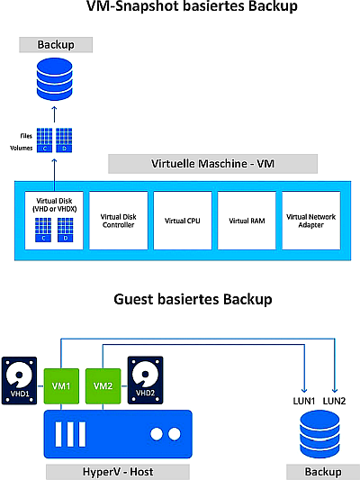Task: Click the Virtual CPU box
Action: (183, 221)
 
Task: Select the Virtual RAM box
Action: (247, 221)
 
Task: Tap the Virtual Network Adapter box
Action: (311, 221)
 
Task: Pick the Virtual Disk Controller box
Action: (119, 221)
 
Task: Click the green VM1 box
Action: (61, 386)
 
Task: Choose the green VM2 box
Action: (103, 386)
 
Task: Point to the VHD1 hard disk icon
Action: (19, 381)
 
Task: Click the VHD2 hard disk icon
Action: (145, 380)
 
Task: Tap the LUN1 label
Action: (303, 401)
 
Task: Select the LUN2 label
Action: (334, 401)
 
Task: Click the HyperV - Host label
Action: (118, 472)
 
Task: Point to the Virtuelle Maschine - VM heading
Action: (213, 164)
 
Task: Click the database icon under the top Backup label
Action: (54, 79)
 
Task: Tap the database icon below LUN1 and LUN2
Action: (319, 434)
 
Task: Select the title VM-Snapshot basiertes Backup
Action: (192, 6)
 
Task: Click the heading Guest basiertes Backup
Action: (193, 299)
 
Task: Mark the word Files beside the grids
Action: (26, 136)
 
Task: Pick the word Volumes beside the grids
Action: (22, 148)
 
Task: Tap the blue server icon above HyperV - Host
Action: (118, 434)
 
